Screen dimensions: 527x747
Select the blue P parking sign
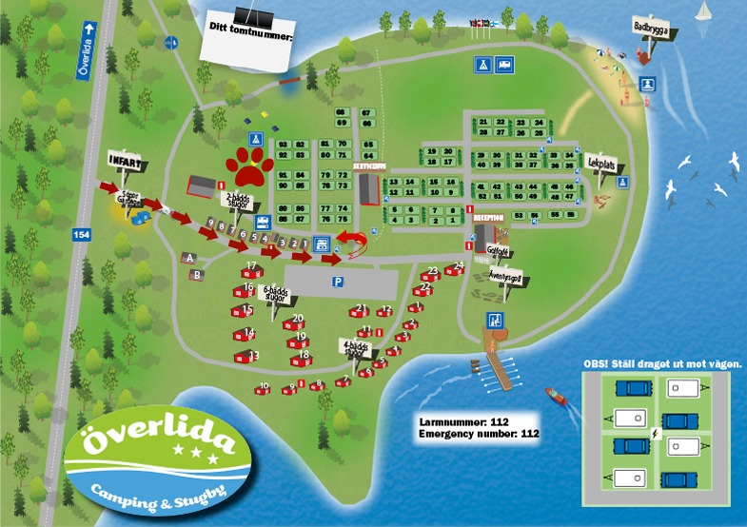pyautogui.click(x=337, y=283)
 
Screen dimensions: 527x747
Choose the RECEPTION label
pyautogui.click(x=487, y=217)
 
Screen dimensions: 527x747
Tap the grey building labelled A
pyautogui.click(x=190, y=258)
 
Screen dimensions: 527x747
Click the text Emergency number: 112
pyautogui.click(x=479, y=434)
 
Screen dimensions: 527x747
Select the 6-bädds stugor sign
pyautogui.click(x=274, y=294)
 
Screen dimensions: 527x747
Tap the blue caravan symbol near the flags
pyautogui.click(x=504, y=64)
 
